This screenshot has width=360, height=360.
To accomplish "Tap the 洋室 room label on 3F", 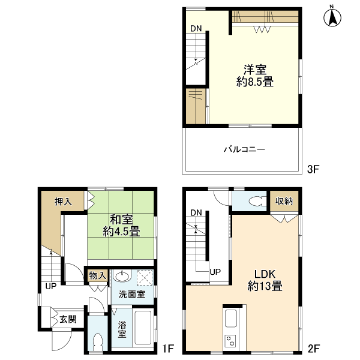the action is [255, 70].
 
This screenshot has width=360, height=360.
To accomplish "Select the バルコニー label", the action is [245, 149].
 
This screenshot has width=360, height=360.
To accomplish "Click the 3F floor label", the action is [313, 169].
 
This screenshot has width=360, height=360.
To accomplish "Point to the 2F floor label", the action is [314, 349].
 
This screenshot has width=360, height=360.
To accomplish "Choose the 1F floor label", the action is [168, 349].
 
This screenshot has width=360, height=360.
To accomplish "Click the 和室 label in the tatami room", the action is [121, 220].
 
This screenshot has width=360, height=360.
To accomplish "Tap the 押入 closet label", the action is [63, 202].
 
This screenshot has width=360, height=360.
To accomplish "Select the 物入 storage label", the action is [98, 275].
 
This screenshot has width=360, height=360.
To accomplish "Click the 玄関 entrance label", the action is [68, 319].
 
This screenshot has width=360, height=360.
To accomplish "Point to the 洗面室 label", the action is [132, 294].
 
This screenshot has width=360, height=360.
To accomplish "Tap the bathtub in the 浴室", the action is [143, 328].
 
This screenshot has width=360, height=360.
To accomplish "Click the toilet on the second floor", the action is [257, 201].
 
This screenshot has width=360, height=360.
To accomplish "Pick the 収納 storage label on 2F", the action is [284, 201].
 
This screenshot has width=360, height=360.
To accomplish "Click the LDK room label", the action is [265, 274].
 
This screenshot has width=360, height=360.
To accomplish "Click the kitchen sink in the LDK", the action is [231, 318].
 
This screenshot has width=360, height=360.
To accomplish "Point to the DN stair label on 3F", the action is [196, 28].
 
